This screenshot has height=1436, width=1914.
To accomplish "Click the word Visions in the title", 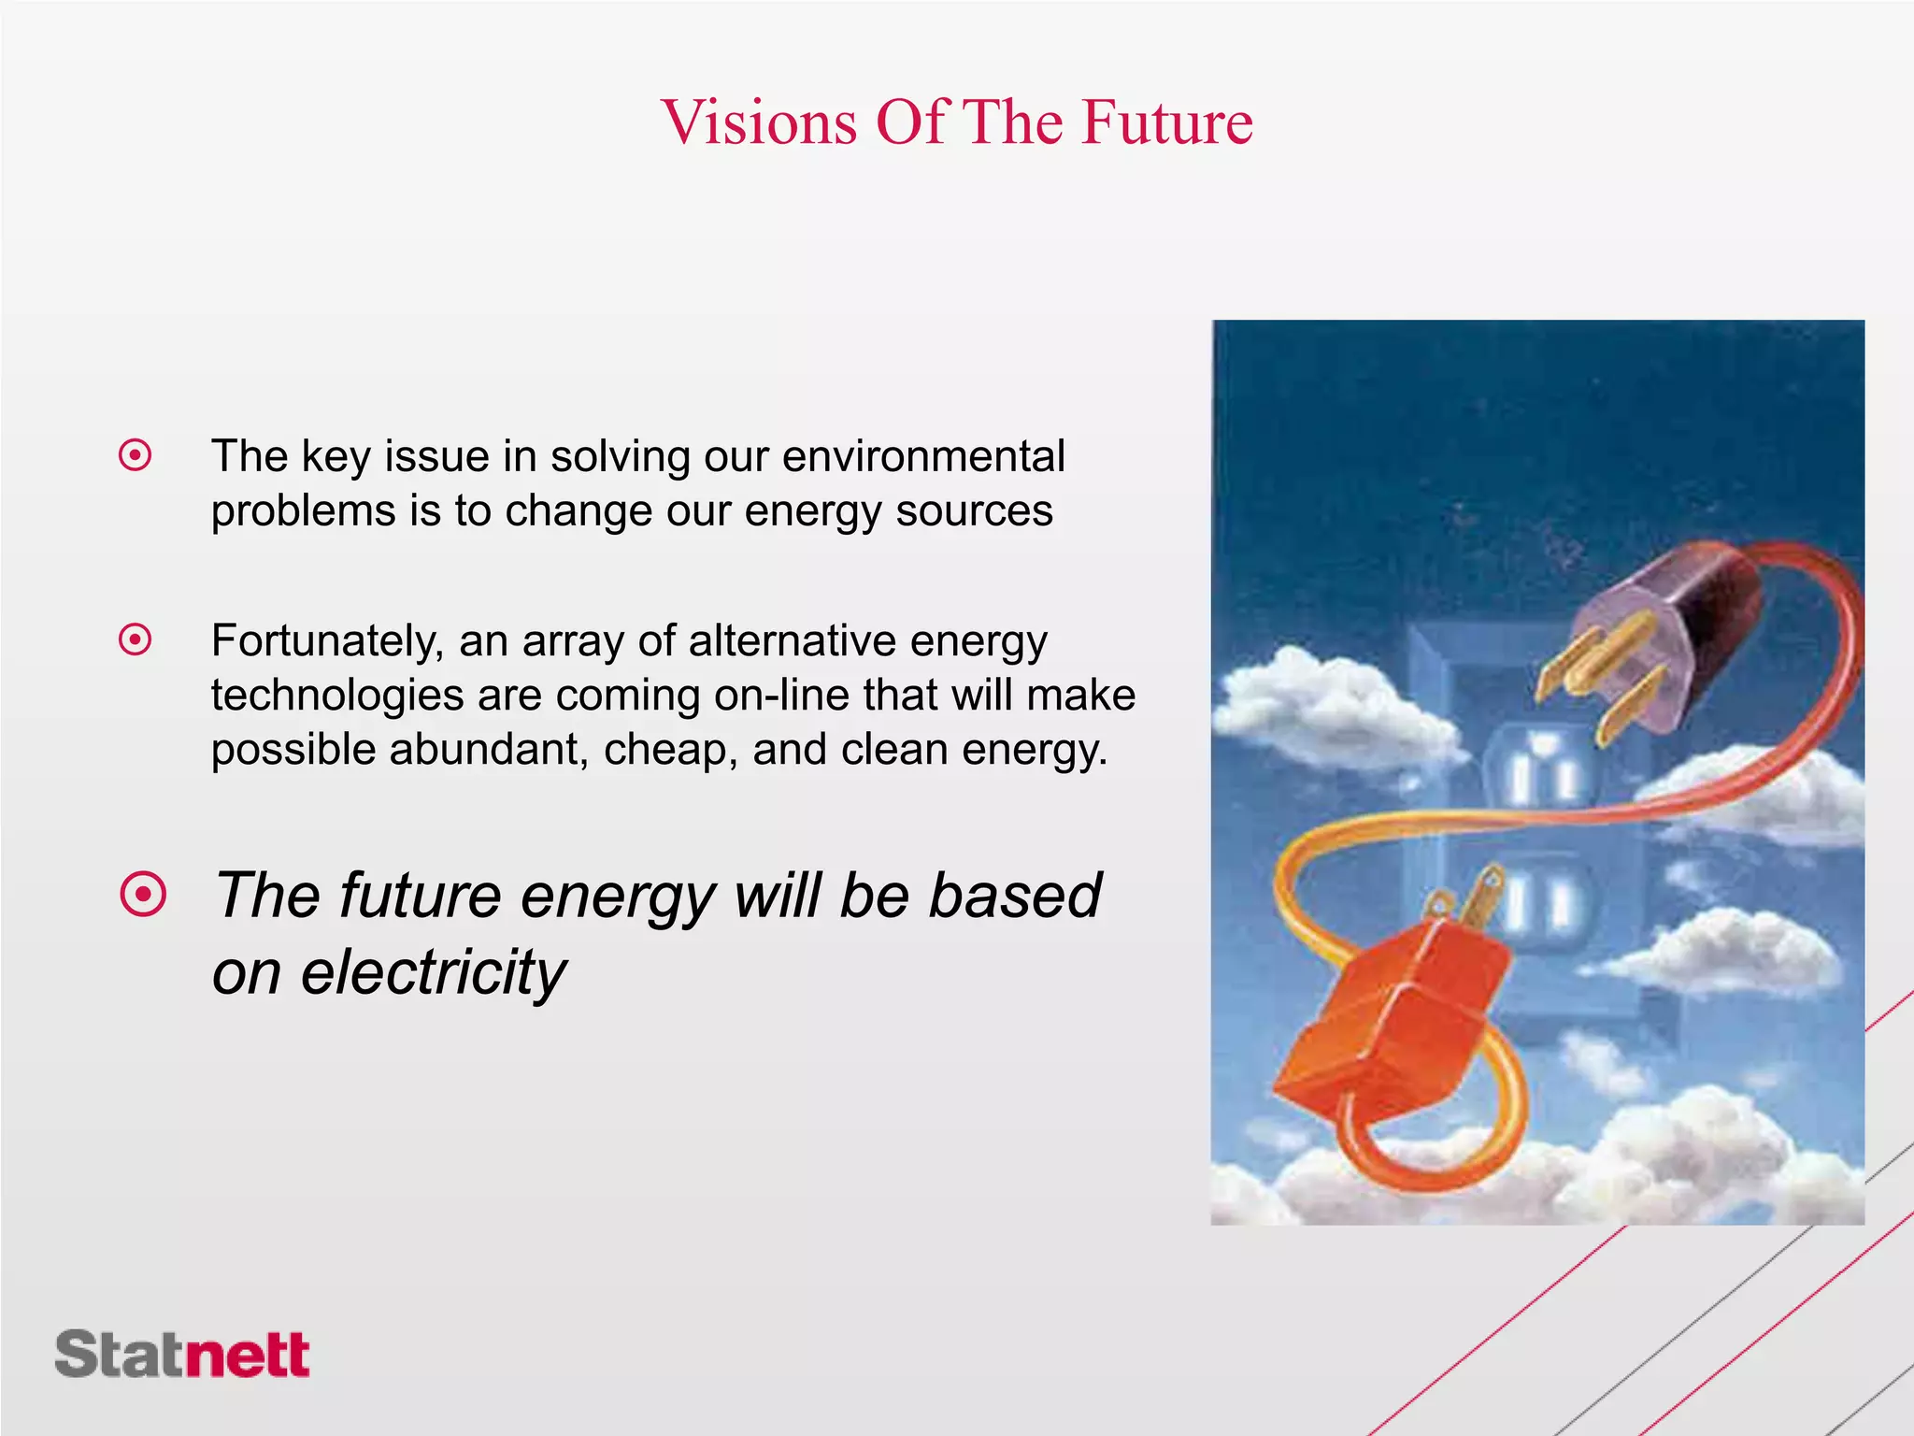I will point(759,122).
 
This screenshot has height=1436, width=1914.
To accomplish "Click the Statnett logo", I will point(182,1354).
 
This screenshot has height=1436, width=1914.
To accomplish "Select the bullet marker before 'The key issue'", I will point(136,456).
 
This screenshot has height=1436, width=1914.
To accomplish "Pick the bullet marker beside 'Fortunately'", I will point(136,640).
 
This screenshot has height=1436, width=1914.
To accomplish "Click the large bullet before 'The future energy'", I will point(144,895).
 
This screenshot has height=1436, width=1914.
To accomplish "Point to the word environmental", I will point(923,456).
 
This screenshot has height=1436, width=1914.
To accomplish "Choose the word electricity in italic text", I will point(433,972).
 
